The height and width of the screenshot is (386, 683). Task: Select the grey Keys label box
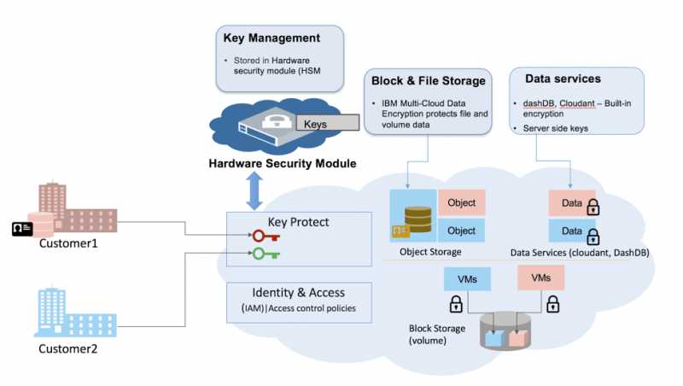point(325,124)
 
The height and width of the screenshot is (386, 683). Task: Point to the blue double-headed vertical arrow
point(254,190)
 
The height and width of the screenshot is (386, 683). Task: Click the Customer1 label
point(68,243)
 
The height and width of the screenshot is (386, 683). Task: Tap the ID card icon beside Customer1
point(22,229)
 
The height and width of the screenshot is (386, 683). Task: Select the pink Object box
point(461,202)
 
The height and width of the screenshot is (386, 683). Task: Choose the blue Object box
point(461,231)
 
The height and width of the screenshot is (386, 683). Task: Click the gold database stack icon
point(417,217)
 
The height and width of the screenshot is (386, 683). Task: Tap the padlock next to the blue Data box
point(592,236)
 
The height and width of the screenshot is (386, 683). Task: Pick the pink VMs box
point(541,278)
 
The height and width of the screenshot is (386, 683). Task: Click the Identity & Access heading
point(299,293)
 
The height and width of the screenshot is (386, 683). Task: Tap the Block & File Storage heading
point(429,81)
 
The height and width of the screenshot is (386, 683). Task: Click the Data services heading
point(563,78)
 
